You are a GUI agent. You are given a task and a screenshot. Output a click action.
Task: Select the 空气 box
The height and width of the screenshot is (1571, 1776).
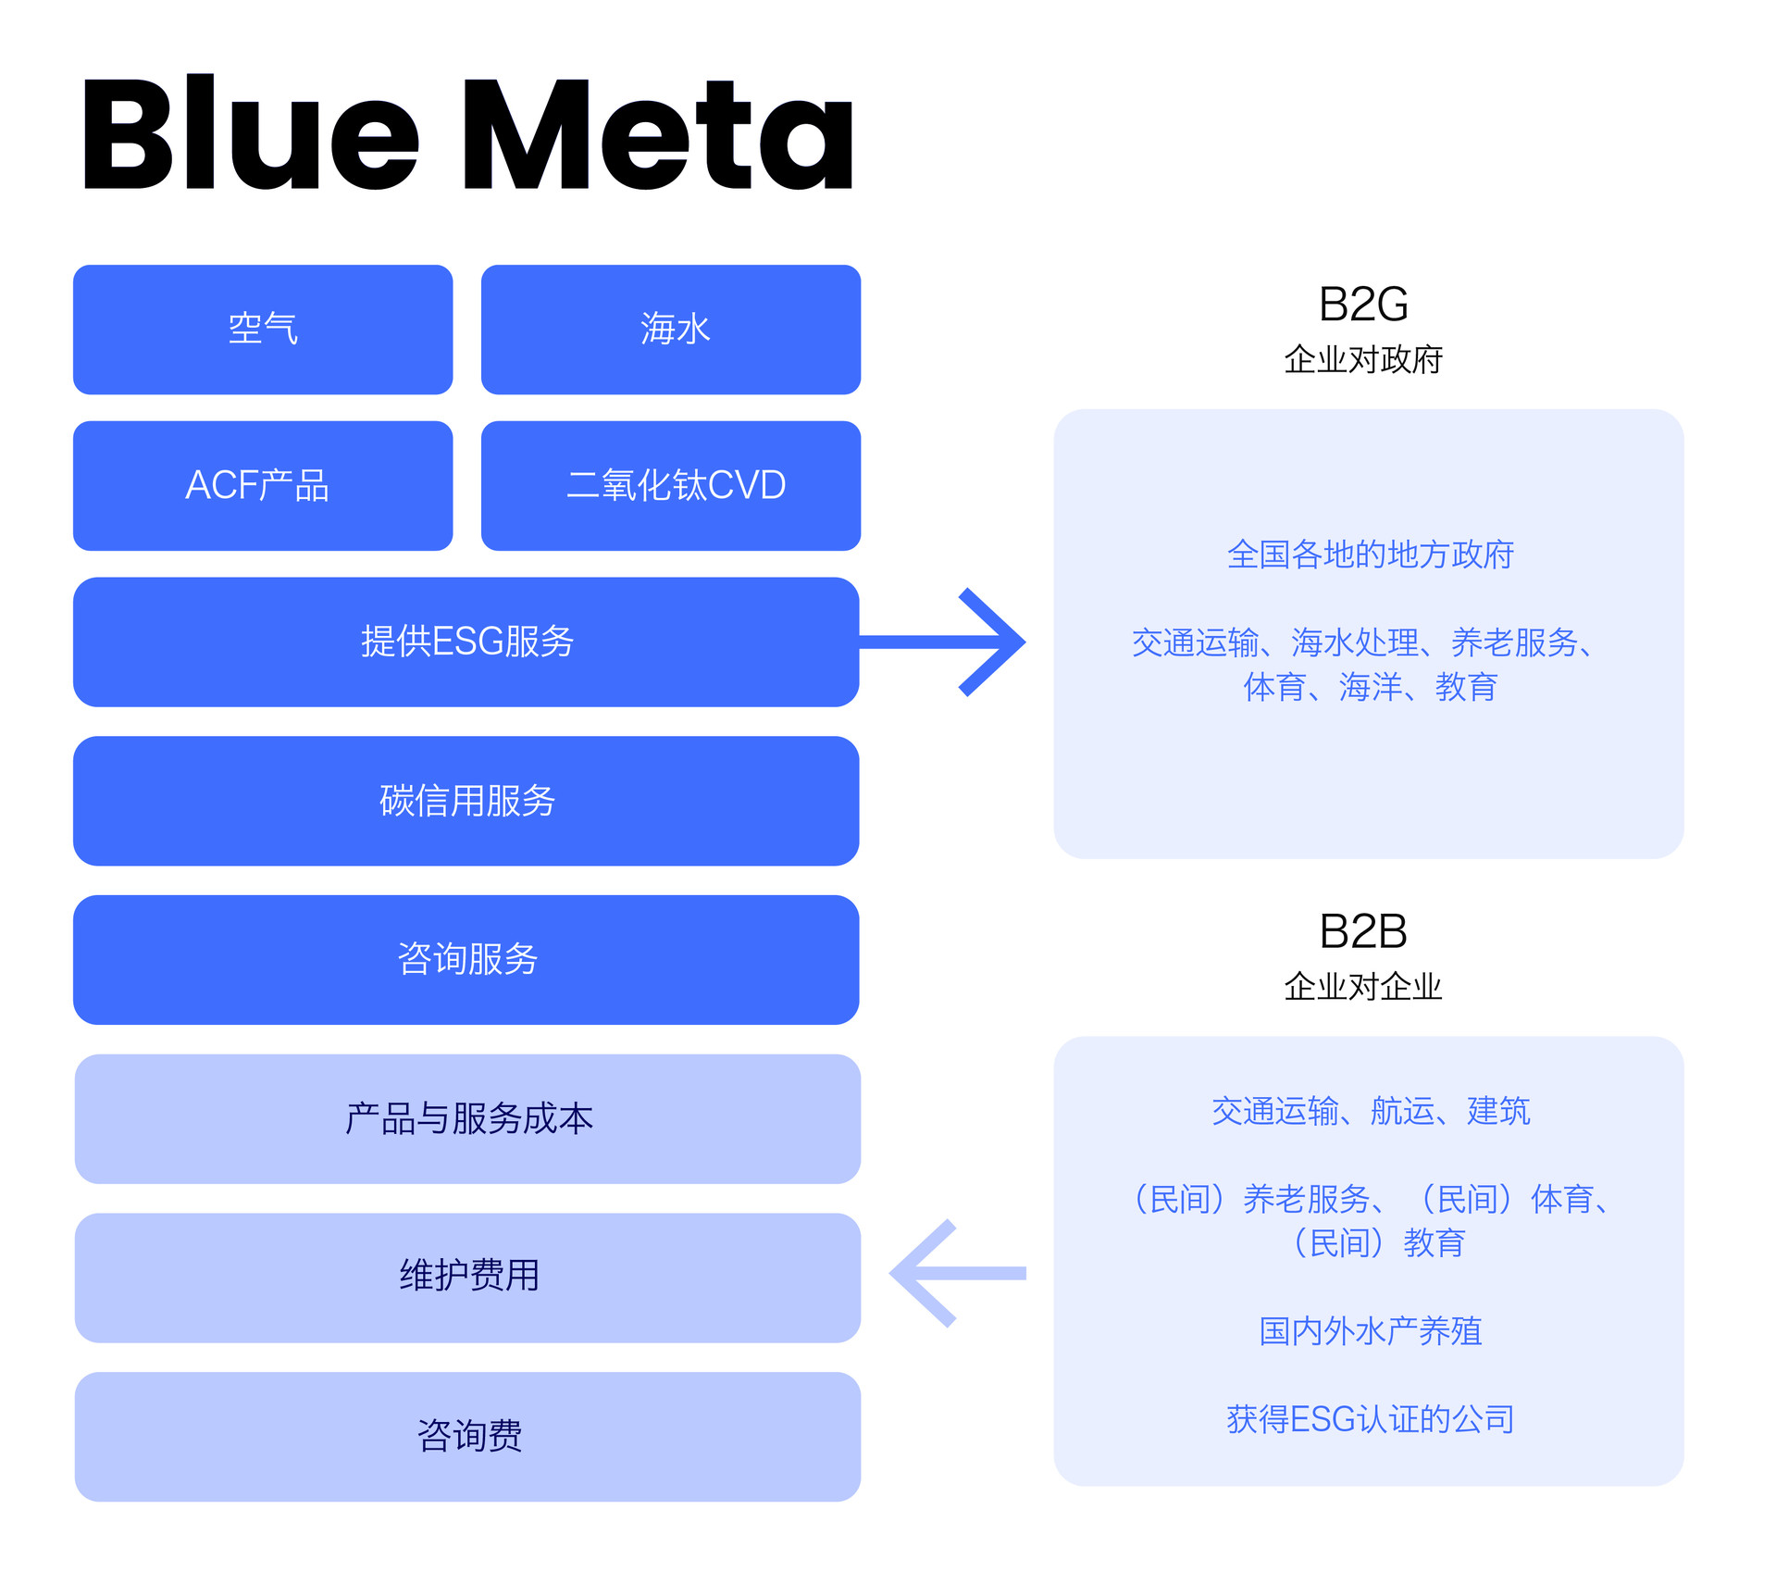coord(263,330)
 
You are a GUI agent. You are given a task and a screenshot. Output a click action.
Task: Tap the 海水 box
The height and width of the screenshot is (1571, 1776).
coord(671,330)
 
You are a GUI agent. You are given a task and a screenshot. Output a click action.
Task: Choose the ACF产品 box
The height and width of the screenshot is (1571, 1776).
coord(263,486)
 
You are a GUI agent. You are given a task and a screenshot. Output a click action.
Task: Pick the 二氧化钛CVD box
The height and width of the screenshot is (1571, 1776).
coord(671,486)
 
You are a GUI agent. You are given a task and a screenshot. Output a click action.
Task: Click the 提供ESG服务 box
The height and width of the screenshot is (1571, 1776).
coord(466,642)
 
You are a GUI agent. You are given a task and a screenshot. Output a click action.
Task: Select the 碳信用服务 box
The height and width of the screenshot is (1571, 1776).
coord(466,801)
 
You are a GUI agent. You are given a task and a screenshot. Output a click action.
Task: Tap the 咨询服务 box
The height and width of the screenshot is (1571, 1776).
coord(466,960)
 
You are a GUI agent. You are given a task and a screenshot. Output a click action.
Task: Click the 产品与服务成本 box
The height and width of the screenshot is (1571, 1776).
coord(467,1119)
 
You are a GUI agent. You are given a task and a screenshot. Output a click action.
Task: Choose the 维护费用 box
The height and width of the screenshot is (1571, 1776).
coord(467,1278)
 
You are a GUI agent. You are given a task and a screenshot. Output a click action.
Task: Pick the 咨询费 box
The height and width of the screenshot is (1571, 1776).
coord(467,1437)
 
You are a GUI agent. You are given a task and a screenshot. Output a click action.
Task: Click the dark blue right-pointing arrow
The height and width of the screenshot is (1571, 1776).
coord(942,642)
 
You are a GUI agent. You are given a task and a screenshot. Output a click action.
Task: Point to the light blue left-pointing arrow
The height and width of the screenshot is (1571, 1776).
coord(958,1273)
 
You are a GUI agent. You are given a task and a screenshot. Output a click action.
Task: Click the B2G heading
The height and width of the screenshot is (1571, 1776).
coord(1363,305)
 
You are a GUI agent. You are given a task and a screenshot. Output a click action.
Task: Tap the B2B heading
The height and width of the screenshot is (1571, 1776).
coord(1363,931)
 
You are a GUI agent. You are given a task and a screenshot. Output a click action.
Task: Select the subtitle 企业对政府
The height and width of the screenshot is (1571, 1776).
coord(1363,359)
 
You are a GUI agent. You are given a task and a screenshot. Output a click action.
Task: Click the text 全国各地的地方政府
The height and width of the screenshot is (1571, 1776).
coord(1371,555)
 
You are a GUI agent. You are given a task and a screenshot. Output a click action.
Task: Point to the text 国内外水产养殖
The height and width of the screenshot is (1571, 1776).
coord(1371,1331)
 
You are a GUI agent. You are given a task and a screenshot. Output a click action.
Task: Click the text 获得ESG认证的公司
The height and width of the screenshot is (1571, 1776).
coord(1371,1419)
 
